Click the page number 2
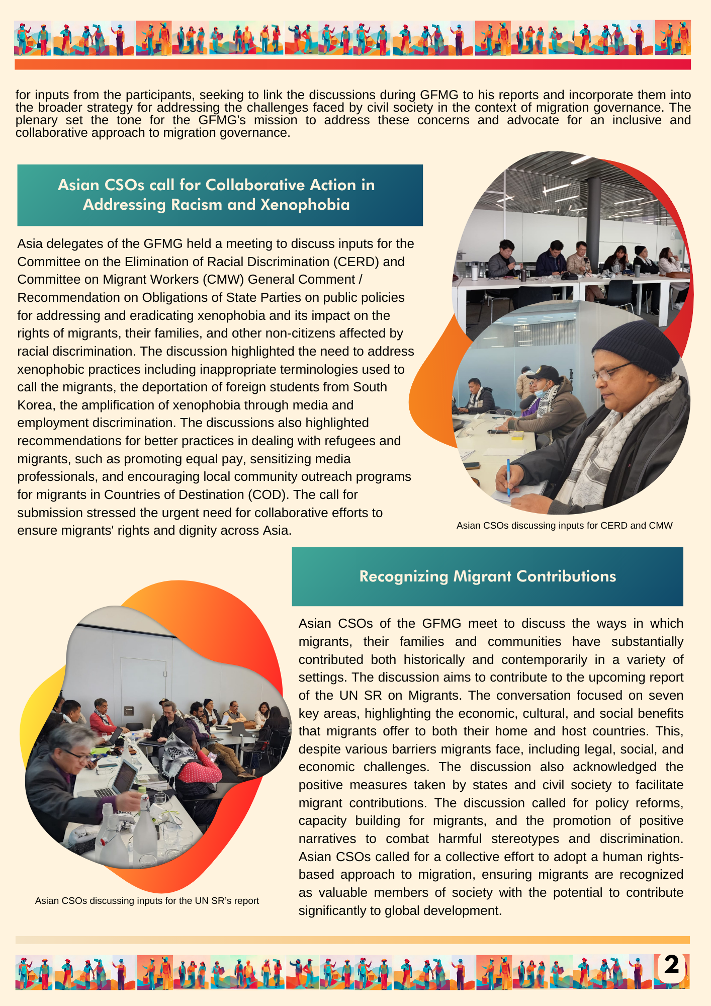672,965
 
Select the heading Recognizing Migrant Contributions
487,576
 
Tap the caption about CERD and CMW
564,526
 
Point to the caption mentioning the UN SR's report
147,901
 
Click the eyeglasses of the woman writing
611,372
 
